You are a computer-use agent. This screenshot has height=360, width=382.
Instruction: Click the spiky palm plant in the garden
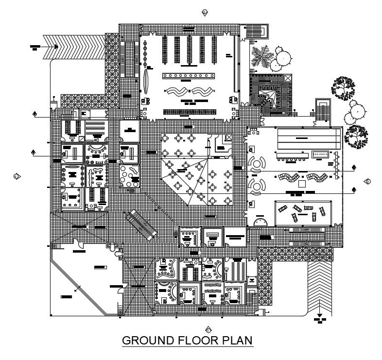coord(262,56)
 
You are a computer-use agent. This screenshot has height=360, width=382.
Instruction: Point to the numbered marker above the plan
coord(205,12)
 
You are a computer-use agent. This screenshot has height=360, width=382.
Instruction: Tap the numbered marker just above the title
coord(208,329)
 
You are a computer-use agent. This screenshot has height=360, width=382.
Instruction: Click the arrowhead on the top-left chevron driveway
coord(56,47)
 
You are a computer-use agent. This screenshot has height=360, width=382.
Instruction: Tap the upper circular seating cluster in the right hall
coord(256,163)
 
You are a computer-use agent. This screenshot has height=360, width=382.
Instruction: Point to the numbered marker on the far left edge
coord(16,175)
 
